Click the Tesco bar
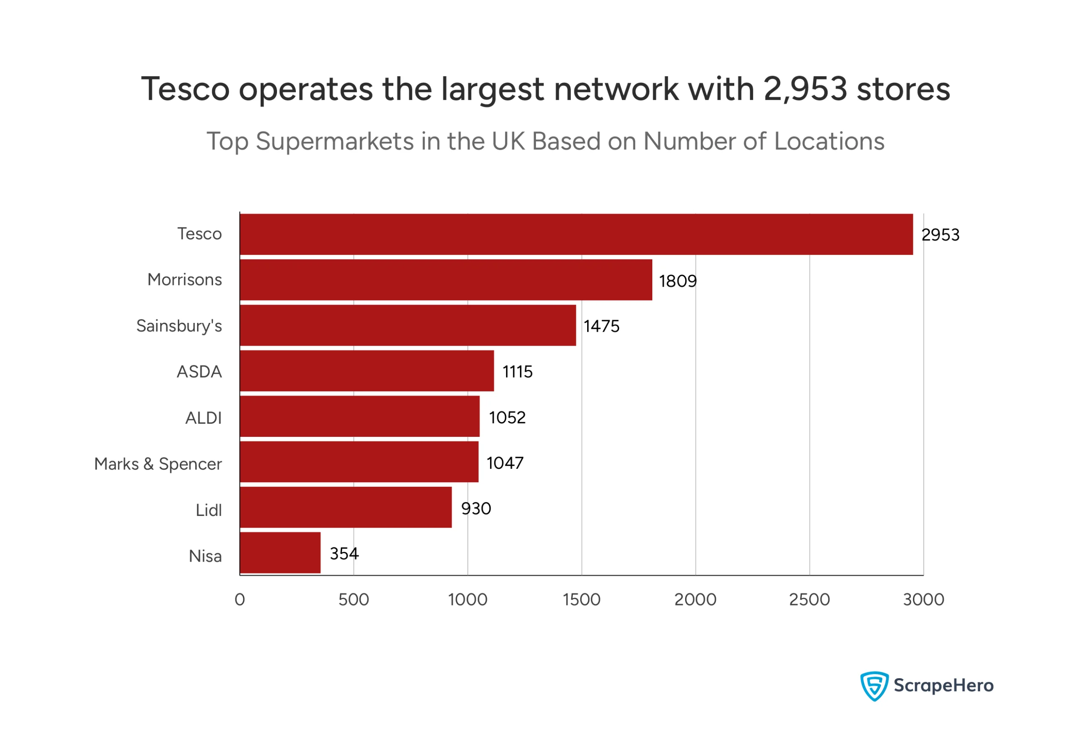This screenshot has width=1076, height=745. click(576, 234)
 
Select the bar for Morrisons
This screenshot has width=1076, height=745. click(446, 280)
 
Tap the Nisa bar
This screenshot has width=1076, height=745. click(280, 553)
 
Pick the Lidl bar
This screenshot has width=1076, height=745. click(345, 507)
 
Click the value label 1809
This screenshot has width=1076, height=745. click(678, 281)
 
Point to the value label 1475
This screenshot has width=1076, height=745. click(601, 326)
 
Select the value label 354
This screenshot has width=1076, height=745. click(344, 554)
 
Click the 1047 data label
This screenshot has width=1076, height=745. click(504, 463)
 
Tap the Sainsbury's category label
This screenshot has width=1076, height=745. click(179, 326)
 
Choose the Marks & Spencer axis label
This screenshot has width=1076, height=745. click(158, 464)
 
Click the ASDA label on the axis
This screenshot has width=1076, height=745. click(199, 372)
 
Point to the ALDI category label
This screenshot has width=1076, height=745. click(203, 418)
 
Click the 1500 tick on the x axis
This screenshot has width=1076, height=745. click(581, 600)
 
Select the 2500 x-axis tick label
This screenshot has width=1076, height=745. click(809, 600)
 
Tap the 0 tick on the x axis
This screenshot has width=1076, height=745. click(240, 600)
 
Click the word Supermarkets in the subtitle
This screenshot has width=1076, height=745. click(335, 141)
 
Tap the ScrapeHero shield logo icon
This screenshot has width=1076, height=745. click(874, 686)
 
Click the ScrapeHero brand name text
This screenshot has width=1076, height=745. click(943, 686)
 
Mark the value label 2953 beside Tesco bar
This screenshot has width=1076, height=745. click(940, 235)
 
